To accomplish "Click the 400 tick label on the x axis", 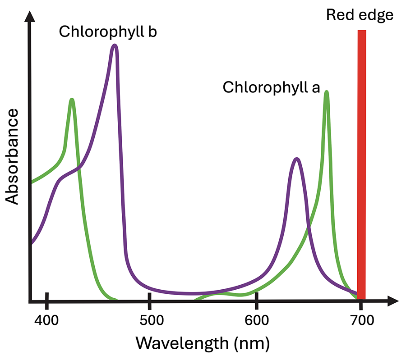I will pyautogui.click(x=46, y=320).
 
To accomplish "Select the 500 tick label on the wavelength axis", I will pyautogui.click(x=149, y=320).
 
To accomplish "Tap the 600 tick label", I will pyautogui.click(x=256, y=320).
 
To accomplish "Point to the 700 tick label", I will pyautogui.click(x=361, y=320).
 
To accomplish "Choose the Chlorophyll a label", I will pyautogui.click(x=271, y=87).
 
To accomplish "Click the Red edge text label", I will pyautogui.click(x=360, y=15).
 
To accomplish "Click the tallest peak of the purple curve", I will pyautogui.click(x=115, y=46).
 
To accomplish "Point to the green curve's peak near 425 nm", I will pyautogui.click(x=72, y=100).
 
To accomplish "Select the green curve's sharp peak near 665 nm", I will pyautogui.click(x=326, y=93).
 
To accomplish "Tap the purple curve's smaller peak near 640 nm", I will pyautogui.click(x=296, y=159).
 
